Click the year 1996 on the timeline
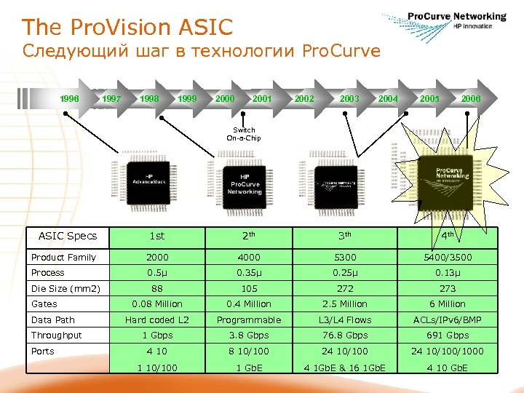(69, 98)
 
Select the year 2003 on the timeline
(349, 98)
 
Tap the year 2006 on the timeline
(470, 98)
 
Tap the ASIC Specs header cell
(67, 236)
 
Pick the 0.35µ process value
(247, 273)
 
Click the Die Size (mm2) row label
(65, 288)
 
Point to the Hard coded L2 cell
(156, 319)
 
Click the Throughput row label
(57, 336)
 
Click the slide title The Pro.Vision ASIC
(127, 28)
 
